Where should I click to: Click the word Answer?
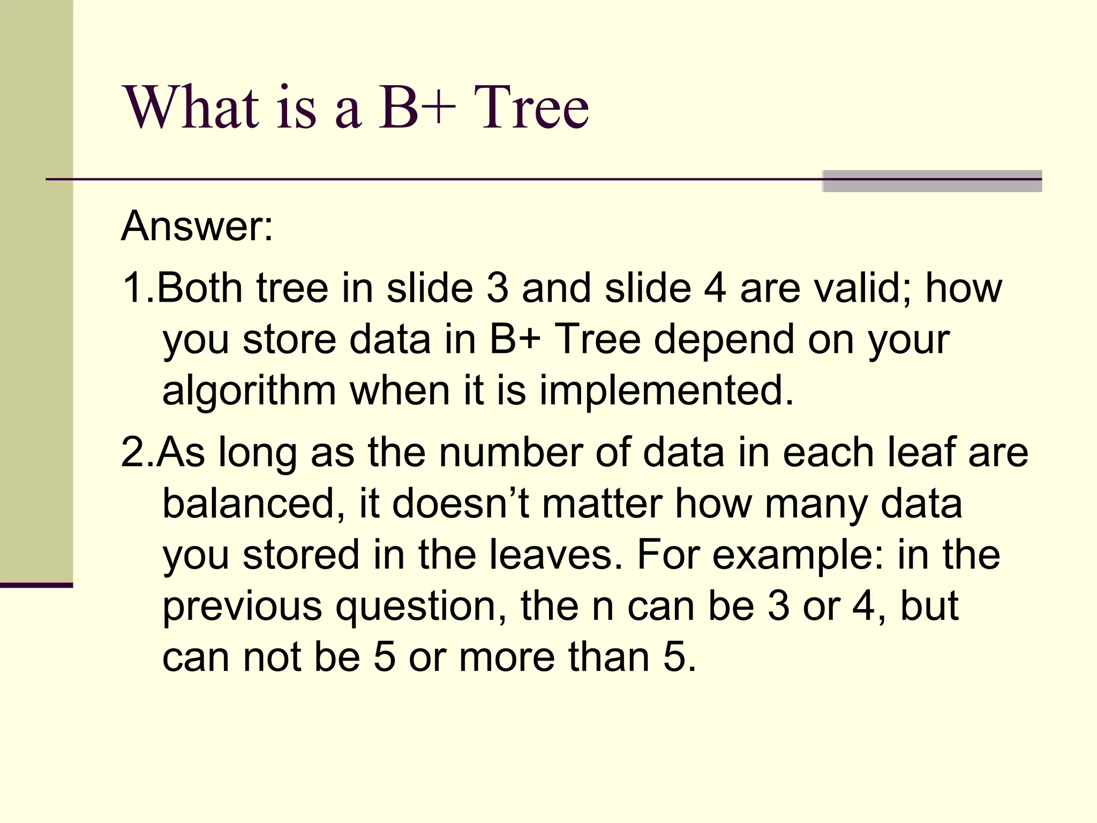197,227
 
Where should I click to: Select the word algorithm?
249,391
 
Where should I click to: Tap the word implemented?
666,391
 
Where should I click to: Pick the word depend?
724,340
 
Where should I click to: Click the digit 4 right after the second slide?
715,288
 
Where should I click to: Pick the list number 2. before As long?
137,453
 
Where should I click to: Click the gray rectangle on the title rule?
932,181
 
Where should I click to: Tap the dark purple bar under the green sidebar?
36,585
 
